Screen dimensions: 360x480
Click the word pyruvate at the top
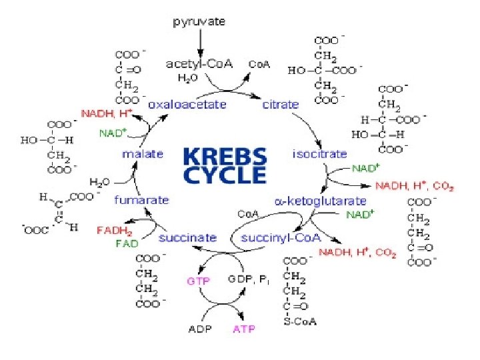pyautogui.click(x=199, y=21)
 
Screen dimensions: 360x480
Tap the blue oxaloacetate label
pyautogui.click(x=187, y=105)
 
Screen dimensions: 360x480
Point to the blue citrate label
pyautogui.click(x=280, y=105)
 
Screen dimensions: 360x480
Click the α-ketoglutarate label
pyautogui.click(x=321, y=200)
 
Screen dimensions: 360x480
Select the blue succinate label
pyautogui.click(x=187, y=237)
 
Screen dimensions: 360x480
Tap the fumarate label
pyautogui.click(x=141, y=200)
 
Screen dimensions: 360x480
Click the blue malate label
pyautogui.click(x=142, y=154)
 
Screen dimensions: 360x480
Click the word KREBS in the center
pyautogui.click(x=225, y=157)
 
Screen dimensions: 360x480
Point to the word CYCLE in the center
pyautogui.click(x=225, y=175)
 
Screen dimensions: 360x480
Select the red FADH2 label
pyautogui.click(x=115, y=230)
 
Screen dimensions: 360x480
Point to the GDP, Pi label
pyautogui.click(x=247, y=281)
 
